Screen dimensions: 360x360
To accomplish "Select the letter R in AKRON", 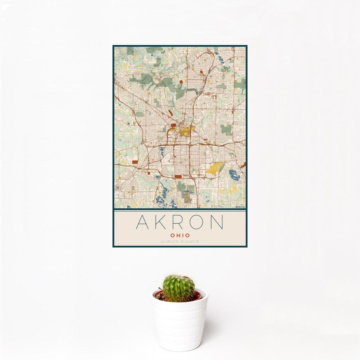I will (180, 222).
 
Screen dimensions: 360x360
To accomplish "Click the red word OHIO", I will (180, 235).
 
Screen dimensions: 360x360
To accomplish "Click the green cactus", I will (179, 288).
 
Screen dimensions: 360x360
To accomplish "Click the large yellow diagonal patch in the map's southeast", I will (215, 168).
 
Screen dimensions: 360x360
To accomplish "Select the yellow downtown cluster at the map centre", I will (185, 131).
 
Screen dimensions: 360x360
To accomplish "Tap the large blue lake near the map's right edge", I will (234, 174).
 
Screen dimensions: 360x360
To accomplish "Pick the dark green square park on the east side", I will (226, 130).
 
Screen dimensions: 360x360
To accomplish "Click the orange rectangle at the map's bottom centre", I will (178, 177).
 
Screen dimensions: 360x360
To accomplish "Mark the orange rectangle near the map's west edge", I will (134, 162).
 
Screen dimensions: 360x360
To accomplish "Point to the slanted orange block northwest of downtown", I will (170, 112).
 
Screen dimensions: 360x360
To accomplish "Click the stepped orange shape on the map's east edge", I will (244, 165).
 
